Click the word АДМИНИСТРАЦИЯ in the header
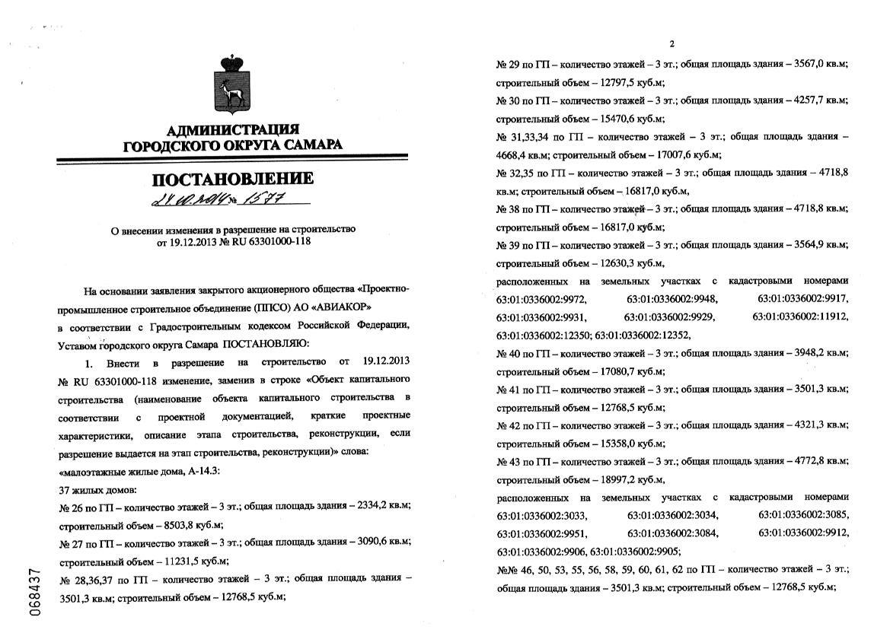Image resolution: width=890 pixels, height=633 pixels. point(232,129)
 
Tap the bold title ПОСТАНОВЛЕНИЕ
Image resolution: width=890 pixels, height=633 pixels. point(233,180)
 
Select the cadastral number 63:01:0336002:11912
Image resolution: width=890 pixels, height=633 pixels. point(800,316)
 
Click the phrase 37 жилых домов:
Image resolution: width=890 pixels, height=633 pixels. point(97,488)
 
